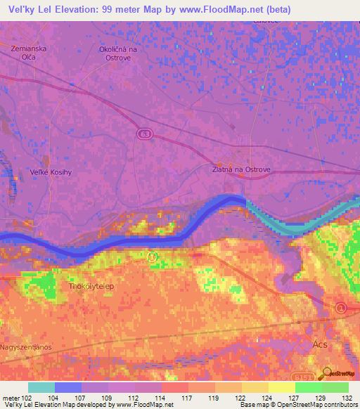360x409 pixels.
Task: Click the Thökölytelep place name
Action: coord(89,286)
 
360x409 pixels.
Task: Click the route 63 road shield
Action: coord(144,134)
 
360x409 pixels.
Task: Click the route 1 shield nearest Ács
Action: coord(341,307)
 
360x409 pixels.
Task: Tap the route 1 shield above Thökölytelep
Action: coord(152,257)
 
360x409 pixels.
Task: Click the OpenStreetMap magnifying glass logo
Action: coord(327,372)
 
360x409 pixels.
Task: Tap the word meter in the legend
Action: coord(11,398)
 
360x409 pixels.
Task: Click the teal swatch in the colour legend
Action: coord(41,387)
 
